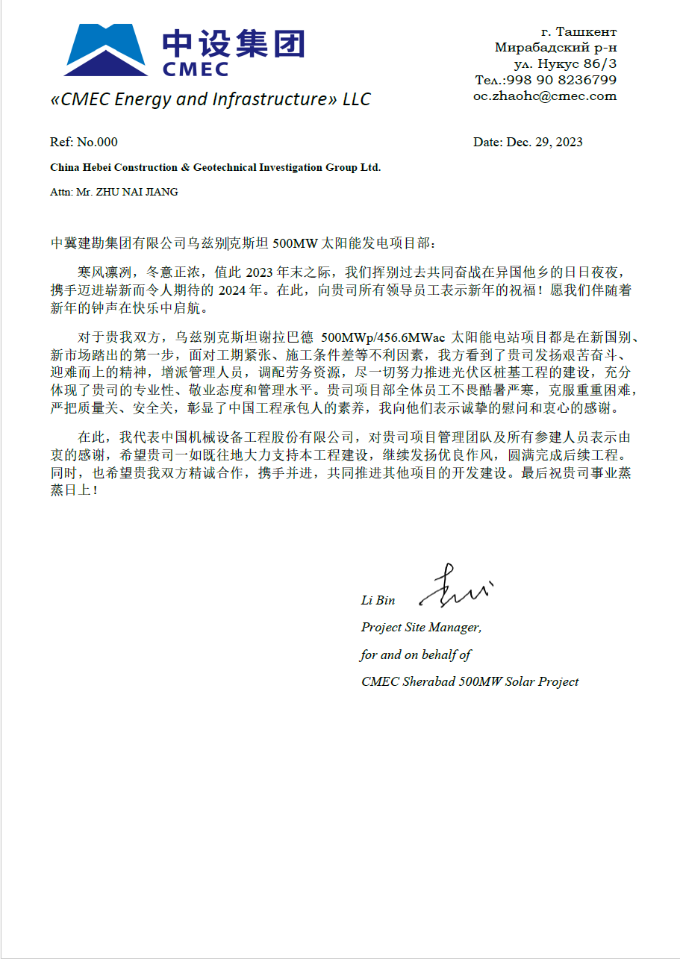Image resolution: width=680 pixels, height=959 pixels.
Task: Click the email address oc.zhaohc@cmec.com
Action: point(545,96)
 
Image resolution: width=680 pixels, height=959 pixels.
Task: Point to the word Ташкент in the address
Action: point(590,31)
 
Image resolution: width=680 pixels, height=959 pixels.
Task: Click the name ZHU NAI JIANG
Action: point(141,192)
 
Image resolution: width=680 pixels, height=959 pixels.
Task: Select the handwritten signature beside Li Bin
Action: point(456,586)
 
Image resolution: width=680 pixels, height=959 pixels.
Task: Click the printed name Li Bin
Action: point(378,600)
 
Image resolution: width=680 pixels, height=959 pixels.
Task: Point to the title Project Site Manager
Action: point(421,628)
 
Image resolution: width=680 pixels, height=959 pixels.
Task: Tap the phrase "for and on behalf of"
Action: point(416,655)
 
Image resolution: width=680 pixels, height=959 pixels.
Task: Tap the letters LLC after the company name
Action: point(356,99)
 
